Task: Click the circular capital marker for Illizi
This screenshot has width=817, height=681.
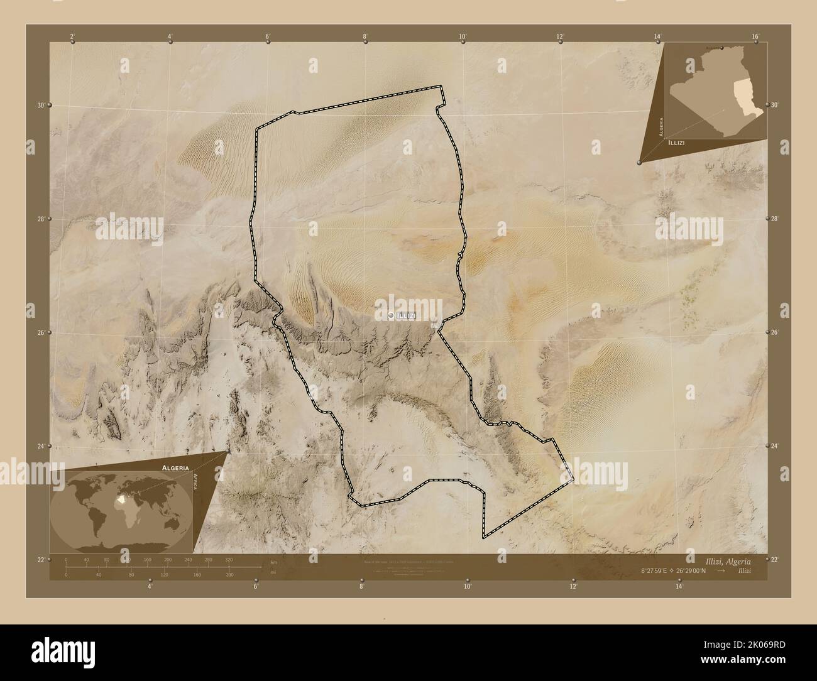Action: pos(392,315)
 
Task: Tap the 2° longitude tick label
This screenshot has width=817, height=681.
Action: pos(73,37)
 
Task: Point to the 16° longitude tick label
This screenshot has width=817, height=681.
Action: pos(755,37)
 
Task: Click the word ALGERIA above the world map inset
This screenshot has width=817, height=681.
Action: pos(174,468)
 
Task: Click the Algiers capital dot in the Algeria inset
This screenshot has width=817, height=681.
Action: pos(722,48)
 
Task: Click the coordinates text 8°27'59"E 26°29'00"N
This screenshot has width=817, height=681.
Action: pos(674,570)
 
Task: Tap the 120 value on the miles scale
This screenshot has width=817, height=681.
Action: pos(165,574)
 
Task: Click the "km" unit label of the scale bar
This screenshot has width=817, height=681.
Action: pos(273,562)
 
